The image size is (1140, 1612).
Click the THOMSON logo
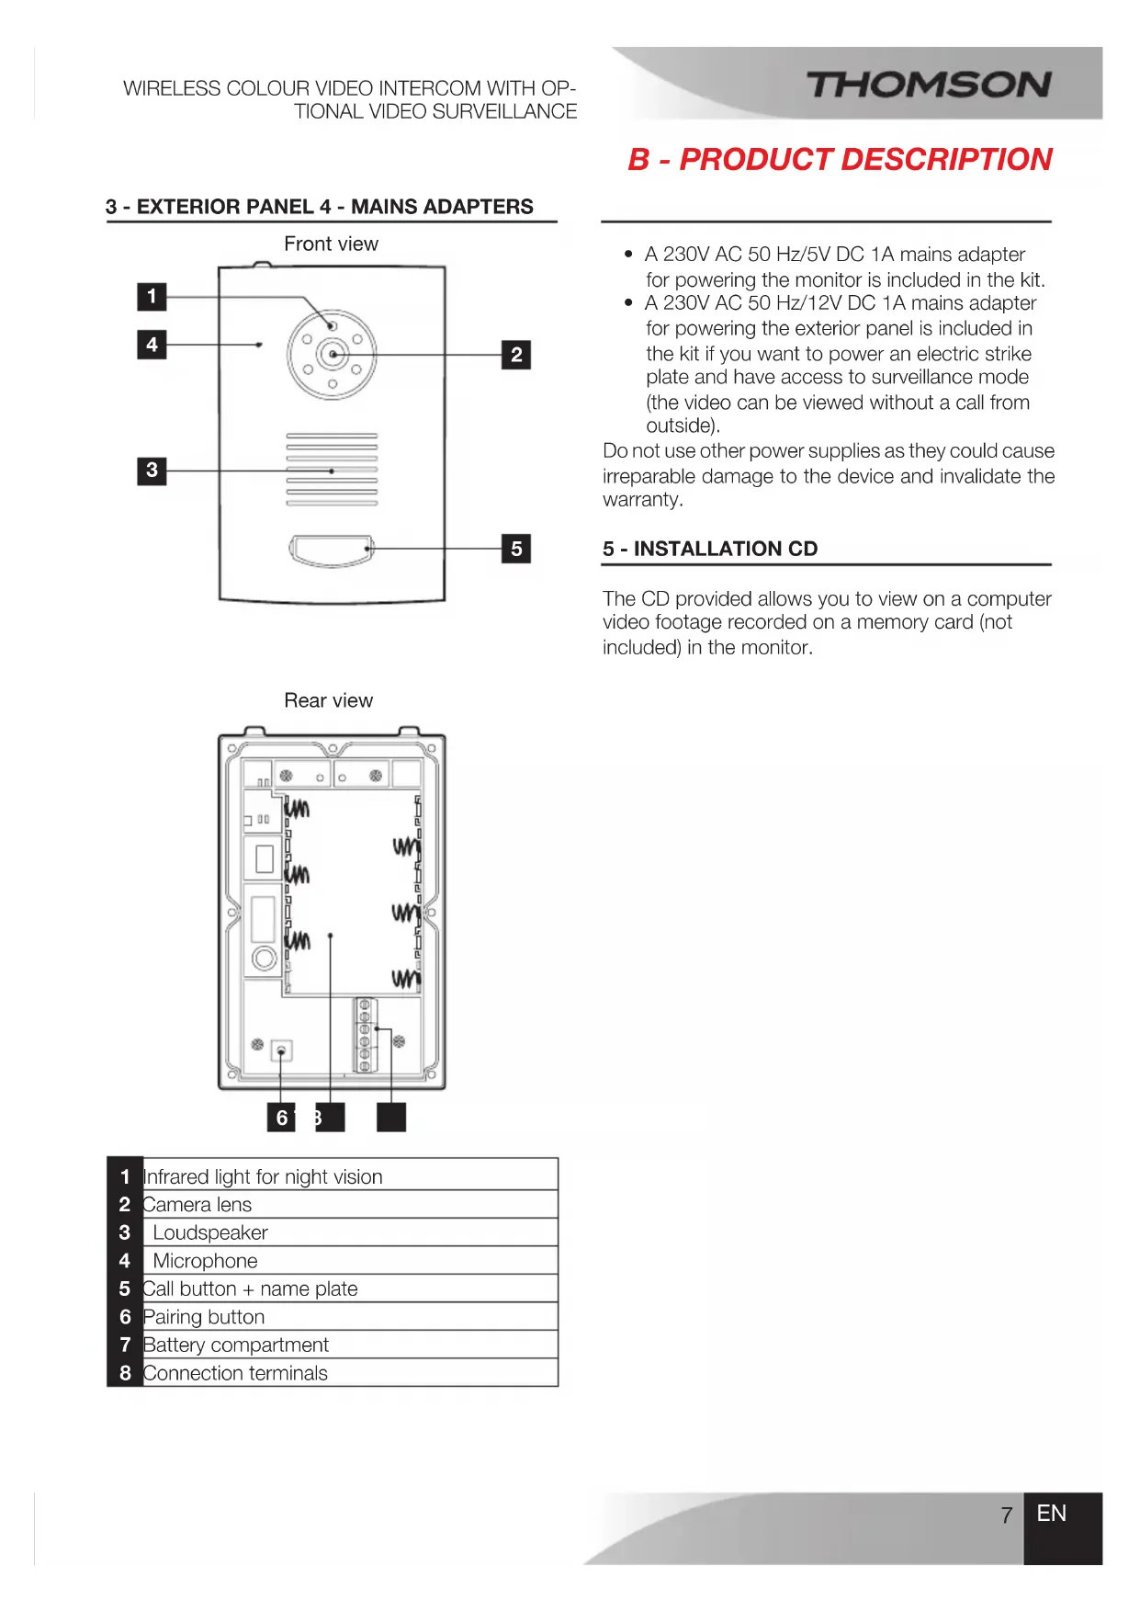(x=929, y=85)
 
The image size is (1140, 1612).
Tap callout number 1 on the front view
(x=152, y=297)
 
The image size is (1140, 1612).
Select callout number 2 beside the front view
(x=516, y=355)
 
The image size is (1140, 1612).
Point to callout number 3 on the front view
(x=152, y=471)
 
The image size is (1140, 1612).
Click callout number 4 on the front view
(x=152, y=345)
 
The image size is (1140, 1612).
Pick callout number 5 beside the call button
(x=516, y=549)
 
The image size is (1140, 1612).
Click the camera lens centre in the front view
(x=333, y=354)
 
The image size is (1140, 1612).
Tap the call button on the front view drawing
(x=332, y=550)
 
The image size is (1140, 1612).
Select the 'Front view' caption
(x=331, y=244)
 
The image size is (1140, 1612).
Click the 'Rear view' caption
(x=328, y=700)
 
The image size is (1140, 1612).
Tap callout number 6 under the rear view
(x=281, y=1118)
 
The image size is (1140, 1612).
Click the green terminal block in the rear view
(x=365, y=1035)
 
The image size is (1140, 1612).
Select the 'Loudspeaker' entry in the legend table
(x=210, y=1232)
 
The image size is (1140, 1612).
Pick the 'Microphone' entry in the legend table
(x=205, y=1261)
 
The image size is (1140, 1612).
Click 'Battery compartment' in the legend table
(x=236, y=1345)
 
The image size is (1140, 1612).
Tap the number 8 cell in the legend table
(x=125, y=1373)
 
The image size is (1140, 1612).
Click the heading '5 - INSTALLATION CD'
(x=710, y=549)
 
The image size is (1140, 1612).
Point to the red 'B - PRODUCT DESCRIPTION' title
(x=840, y=159)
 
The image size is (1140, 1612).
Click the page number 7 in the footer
(x=1007, y=1515)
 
